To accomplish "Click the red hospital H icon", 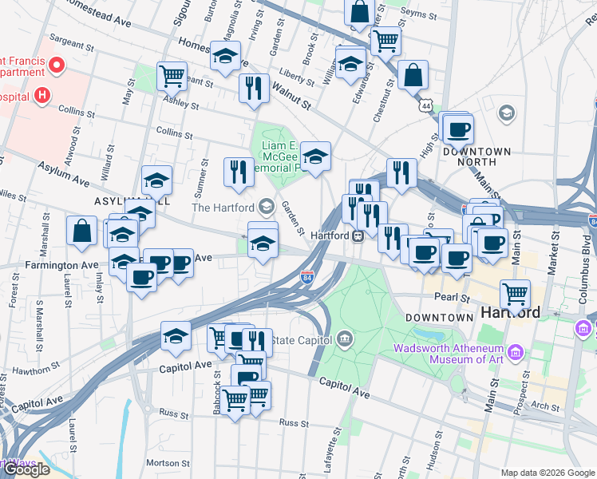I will click(43, 97).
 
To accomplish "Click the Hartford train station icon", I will click(359, 236).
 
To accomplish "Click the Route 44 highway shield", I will click(428, 105).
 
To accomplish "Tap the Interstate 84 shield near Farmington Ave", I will click(306, 276).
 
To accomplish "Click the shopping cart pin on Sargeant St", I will click(172, 77).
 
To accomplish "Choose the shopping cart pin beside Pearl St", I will click(515, 295).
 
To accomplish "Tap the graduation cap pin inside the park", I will click(316, 156).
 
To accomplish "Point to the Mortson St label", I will click(168, 463).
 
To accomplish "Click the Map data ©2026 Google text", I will click(547, 473).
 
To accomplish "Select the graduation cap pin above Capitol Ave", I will click(176, 337).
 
